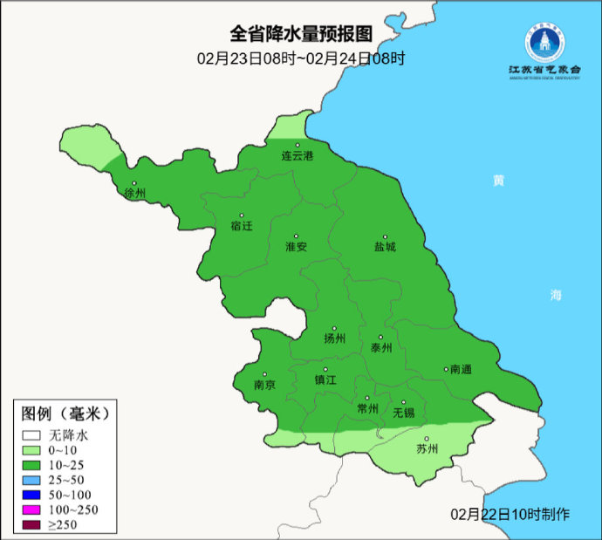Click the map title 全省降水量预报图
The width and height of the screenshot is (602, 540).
[x=301, y=34]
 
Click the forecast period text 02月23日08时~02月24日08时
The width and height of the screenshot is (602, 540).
[x=301, y=59]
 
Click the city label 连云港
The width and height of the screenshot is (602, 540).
[x=297, y=155]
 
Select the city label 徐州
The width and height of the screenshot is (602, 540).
[x=134, y=193]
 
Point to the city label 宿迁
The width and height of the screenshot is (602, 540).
[x=241, y=226]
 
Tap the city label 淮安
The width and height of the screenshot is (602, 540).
[x=296, y=247]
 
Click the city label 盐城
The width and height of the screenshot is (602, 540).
[x=385, y=247]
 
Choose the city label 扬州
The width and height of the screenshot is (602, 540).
[x=334, y=338]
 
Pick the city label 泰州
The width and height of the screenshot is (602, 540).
[x=381, y=347]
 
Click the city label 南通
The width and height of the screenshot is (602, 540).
[x=460, y=370]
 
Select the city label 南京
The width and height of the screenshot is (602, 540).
[x=264, y=385]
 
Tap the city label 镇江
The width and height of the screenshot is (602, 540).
[x=325, y=380]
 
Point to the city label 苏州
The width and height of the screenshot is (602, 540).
[x=427, y=449]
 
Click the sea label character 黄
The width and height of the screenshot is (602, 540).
[x=498, y=181]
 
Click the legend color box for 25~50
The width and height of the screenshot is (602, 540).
[x=32, y=480]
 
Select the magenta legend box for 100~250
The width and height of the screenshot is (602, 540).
[x=32, y=509]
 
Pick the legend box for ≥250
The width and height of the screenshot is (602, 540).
[x=32, y=525]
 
